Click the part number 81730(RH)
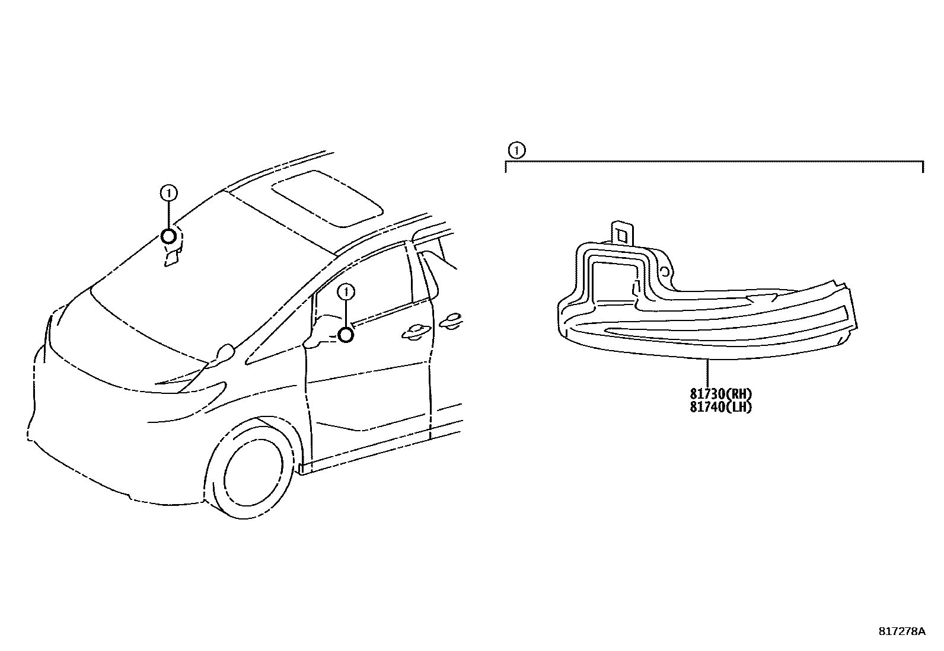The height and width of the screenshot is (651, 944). coord(720,394)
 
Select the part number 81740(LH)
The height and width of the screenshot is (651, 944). coord(720,407)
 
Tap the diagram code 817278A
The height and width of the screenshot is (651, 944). coord(901,631)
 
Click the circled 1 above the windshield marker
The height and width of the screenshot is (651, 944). coord(169,193)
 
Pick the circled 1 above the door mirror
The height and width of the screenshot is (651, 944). coord(346,291)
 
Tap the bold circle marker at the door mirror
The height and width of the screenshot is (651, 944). coord(346,335)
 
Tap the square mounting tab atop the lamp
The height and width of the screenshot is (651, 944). coord(622,233)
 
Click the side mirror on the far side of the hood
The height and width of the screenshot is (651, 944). coord(225,353)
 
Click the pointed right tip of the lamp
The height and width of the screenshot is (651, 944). coord(854,314)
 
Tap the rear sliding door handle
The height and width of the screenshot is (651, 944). coord(452,319)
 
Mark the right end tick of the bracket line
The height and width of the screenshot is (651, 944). coord(923,166)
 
